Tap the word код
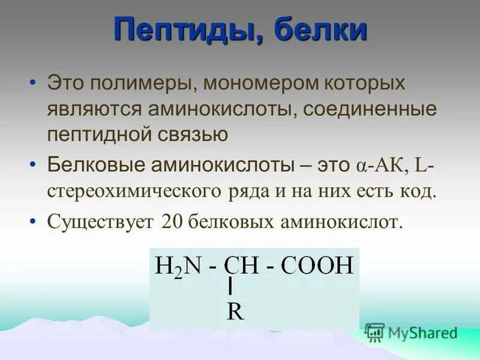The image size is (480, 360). point(418,191)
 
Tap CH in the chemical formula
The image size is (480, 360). point(238,265)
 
